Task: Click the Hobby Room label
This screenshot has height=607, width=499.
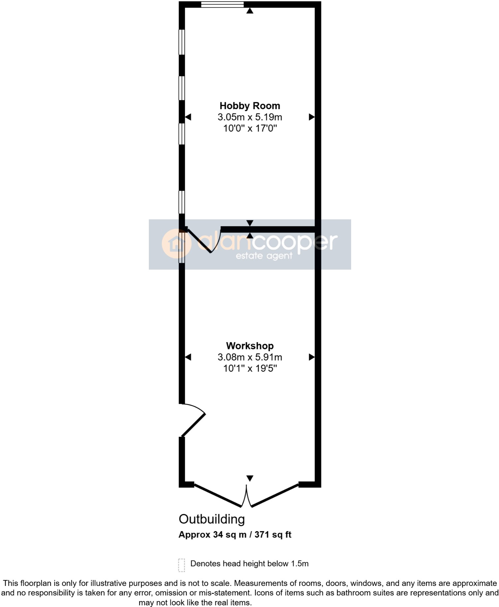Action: (250, 106)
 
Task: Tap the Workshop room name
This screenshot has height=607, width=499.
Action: (250, 346)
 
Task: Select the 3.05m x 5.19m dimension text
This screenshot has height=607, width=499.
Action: (250, 117)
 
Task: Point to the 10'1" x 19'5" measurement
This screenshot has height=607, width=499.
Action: (250, 368)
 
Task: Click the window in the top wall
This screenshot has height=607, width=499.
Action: (222, 4)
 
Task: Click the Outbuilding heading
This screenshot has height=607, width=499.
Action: (212, 519)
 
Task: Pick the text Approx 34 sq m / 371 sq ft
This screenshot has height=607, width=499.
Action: (235, 535)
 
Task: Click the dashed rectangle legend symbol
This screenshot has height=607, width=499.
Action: (181, 565)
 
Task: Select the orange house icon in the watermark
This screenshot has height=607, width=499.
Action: (176, 243)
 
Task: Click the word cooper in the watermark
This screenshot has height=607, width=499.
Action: (295, 242)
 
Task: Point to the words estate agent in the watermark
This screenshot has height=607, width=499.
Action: (264, 256)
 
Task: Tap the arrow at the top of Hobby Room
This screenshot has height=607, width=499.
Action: (250, 11)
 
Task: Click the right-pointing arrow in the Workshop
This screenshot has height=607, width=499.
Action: (311, 357)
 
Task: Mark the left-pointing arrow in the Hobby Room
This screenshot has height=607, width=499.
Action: (188, 117)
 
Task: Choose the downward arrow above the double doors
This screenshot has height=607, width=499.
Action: (250, 478)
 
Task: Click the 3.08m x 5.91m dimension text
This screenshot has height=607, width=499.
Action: (250, 357)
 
